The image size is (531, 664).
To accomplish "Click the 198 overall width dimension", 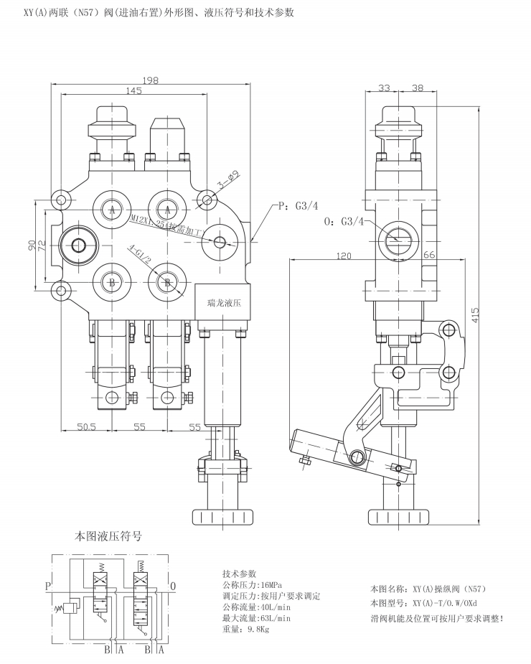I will click(x=151, y=80).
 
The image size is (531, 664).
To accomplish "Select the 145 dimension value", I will click(x=133, y=90).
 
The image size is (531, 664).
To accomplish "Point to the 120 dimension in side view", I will click(x=344, y=256).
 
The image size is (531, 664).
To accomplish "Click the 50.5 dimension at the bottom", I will click(x=86, y=426).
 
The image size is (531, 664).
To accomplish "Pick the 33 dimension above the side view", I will click(x=384, y=88).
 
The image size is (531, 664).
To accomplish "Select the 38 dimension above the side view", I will click(x=418, y=88).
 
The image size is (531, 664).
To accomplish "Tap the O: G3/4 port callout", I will click(x=343, y=222).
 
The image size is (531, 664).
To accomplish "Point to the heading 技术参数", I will click(x=240, y=574).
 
